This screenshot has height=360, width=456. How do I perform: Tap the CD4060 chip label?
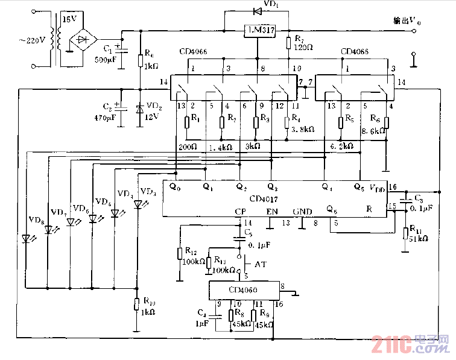point(242,291)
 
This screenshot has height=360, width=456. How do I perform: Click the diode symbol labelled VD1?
point(258,10)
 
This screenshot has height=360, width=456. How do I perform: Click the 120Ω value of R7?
point(304,46)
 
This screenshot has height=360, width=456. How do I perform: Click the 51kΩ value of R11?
point(419,239)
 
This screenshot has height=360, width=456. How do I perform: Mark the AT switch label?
point(261,265)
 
